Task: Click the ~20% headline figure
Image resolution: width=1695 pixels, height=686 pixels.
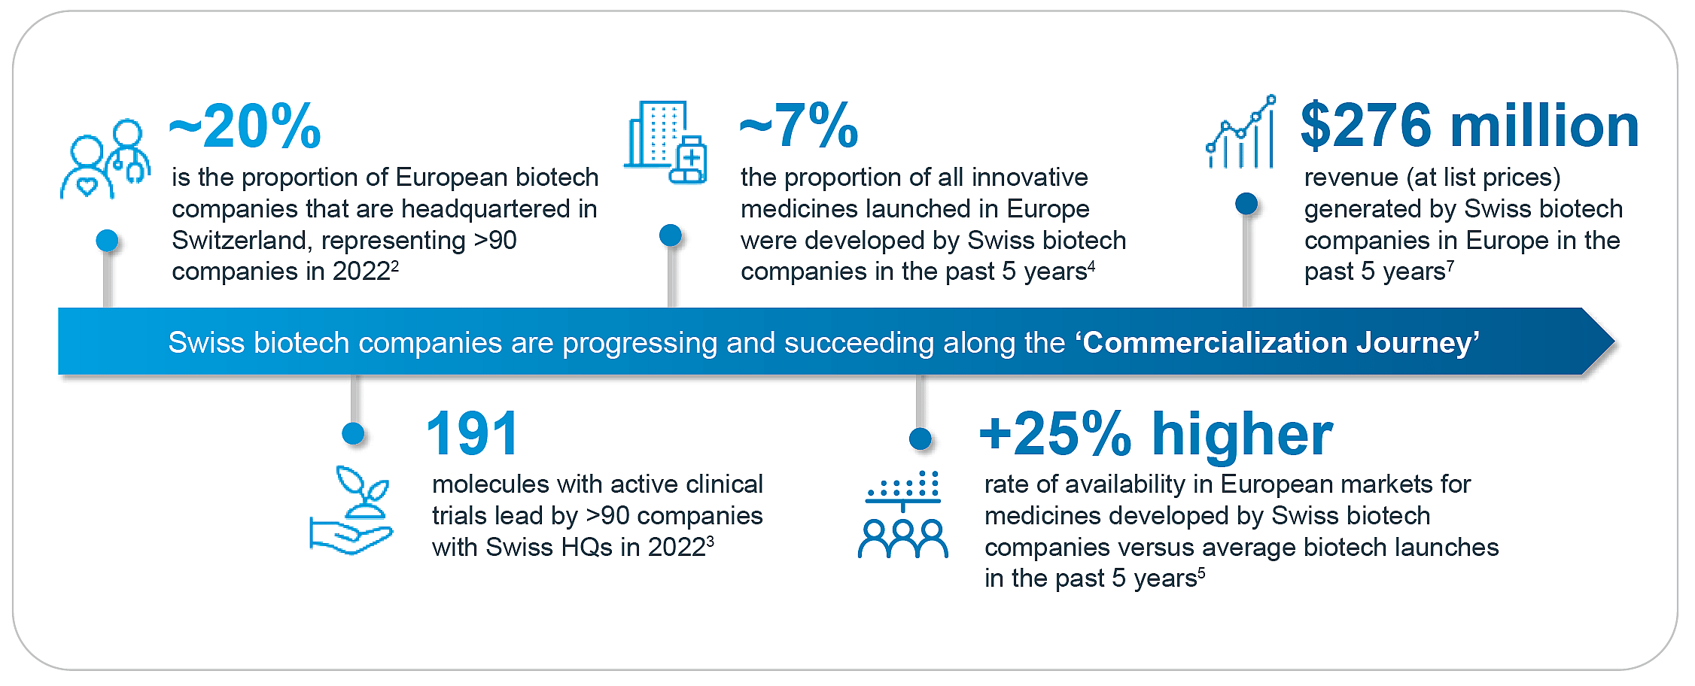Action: coord(245,126)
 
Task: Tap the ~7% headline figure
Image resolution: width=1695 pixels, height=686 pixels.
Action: coord(799,126)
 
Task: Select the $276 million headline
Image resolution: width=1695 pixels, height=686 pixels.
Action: coord(1469,126)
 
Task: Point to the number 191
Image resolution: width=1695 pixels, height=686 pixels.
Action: coord(472,434)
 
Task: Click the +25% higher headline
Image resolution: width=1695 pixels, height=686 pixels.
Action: coord(1155,434)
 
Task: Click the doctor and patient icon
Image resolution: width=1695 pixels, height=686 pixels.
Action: coord(105,159)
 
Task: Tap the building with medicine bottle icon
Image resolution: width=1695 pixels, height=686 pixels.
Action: coord(665,143)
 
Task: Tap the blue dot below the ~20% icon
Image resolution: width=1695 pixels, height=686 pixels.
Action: coord(107,241)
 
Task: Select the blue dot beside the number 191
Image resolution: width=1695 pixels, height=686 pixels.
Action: coord(353,433)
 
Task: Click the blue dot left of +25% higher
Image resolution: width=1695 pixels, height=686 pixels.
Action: coord(920,439)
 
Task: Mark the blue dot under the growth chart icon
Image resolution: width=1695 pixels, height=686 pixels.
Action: coord(1246,203)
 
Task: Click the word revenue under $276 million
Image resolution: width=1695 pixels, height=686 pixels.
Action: coord(1351,178)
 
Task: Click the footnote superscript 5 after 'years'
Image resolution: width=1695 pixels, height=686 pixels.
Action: coord(1201,572)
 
